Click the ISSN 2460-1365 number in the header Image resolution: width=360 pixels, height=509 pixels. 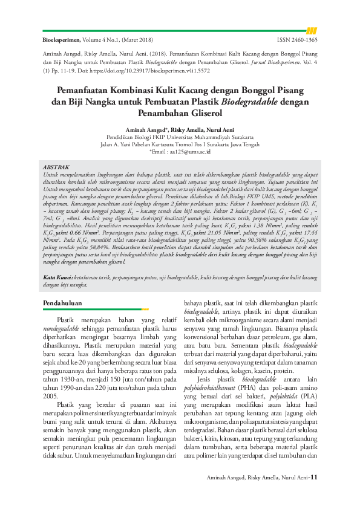[297, 40]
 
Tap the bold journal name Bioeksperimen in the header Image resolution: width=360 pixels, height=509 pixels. [61, 40]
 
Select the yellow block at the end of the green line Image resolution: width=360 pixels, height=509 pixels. [312, 30]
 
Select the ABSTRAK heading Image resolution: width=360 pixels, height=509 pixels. [58, 166]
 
